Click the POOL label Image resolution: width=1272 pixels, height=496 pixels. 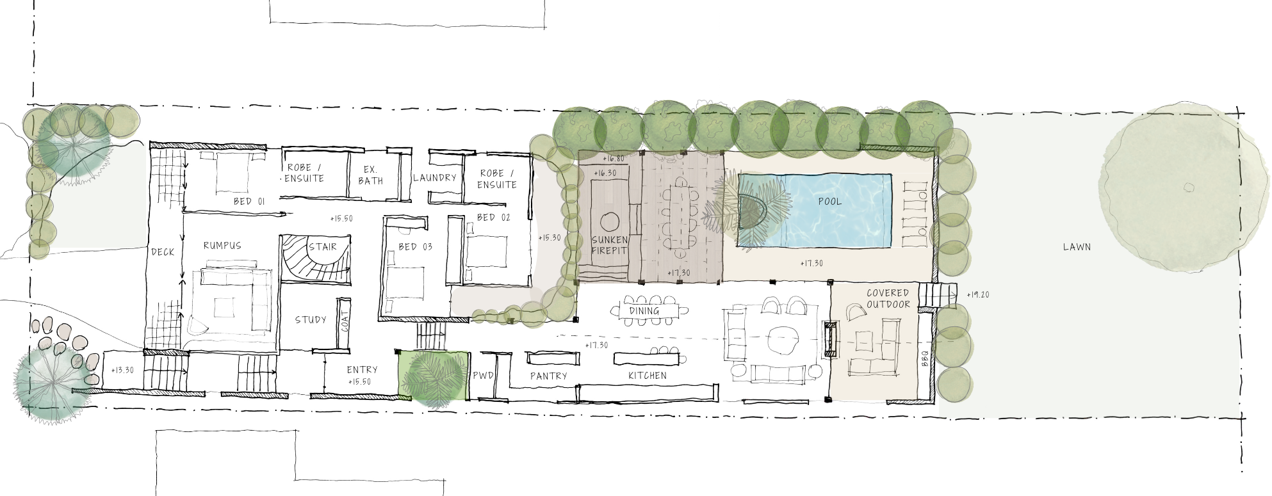(830, 202)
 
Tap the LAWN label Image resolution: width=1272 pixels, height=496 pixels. (1077, 247)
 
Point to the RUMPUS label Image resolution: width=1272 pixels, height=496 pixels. (222, 246)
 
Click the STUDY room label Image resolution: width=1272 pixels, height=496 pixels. (311, 320)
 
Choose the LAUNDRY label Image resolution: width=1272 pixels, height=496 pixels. (434, 178)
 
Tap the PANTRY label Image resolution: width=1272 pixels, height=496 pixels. (549, 376)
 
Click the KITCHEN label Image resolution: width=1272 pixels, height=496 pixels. (647, 376)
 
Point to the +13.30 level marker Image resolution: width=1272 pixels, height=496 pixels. (122, 371)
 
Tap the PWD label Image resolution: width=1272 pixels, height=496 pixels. (483, 376)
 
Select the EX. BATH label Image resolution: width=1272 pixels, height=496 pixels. (370, 175)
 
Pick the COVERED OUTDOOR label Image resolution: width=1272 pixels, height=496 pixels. (888, 299)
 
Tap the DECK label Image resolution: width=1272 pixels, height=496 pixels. (163, 252)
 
